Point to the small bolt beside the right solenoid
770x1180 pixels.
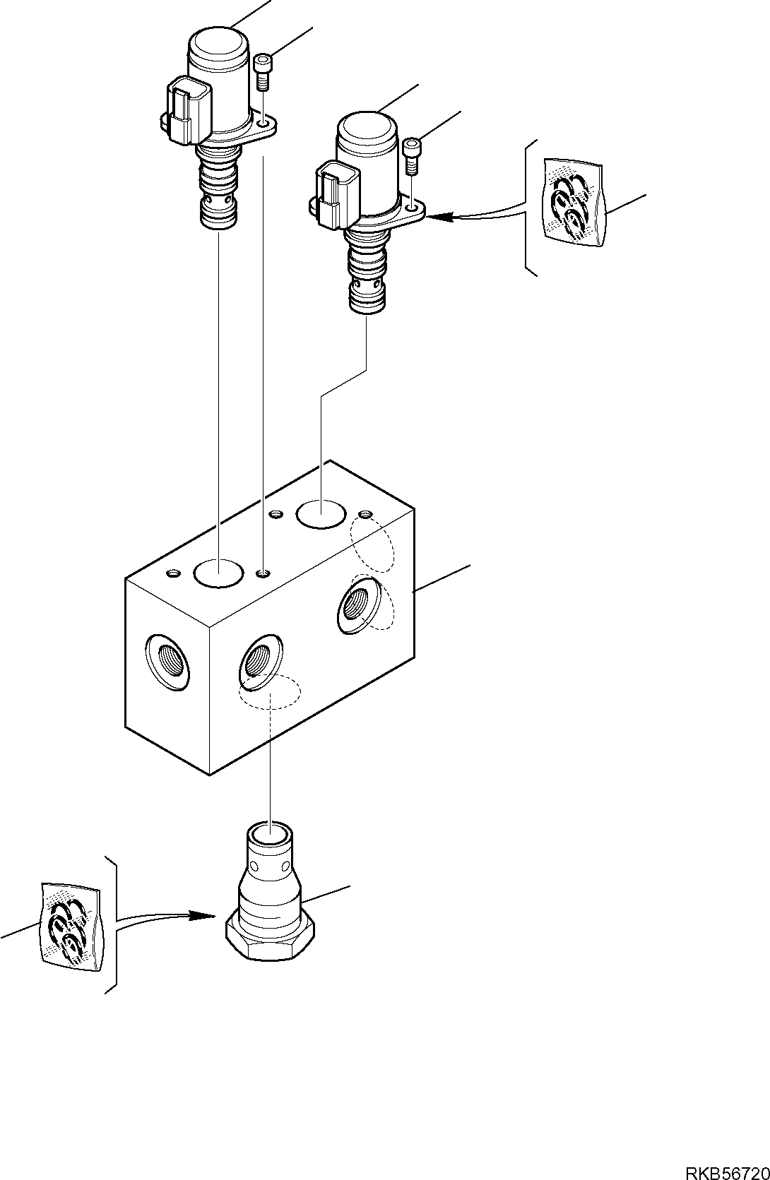[x=413, y=155]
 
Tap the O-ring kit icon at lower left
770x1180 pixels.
[x=68, y=925]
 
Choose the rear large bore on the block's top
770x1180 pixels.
[x=321, y=513]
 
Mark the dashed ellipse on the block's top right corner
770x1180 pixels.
[x=373, y=544]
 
